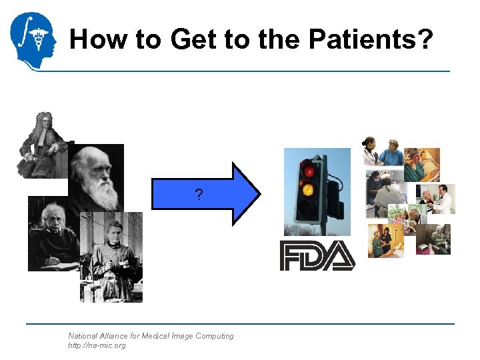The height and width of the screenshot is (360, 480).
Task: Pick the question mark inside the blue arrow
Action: [x=199, y=195]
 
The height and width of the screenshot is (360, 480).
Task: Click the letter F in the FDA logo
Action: [x=291, y=256]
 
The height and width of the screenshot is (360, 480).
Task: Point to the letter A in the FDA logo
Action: [x=341, y=256]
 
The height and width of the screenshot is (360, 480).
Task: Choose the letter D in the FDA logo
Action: [x=316, y=256]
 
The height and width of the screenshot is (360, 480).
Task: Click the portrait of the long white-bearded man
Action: [x=97, y=177]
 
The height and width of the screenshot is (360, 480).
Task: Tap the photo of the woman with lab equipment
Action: [x=112, y=257]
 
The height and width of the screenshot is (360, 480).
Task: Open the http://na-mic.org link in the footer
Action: [x=97, y=345]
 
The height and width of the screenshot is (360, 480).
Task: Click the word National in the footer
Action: [x=83, y=336]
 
